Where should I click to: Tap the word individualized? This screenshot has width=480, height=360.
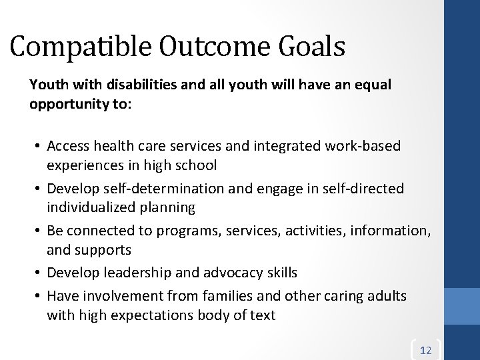(90, 207)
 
